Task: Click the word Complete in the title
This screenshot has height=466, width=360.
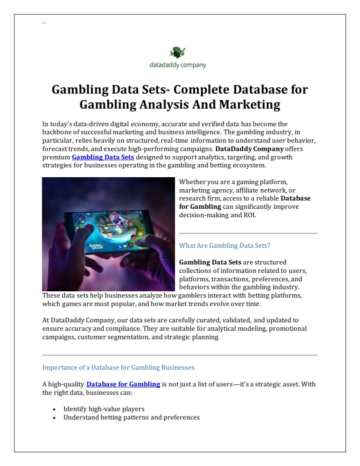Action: click(206, 90)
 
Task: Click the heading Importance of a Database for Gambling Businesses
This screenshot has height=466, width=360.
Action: click(118, 367)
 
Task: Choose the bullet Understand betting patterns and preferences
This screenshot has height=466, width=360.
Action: click(131, 417)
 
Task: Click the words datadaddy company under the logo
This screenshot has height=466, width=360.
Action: click(178, 65)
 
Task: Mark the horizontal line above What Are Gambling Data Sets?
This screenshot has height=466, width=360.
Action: click(248, 233)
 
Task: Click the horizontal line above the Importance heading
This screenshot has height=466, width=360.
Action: click(180, 355)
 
